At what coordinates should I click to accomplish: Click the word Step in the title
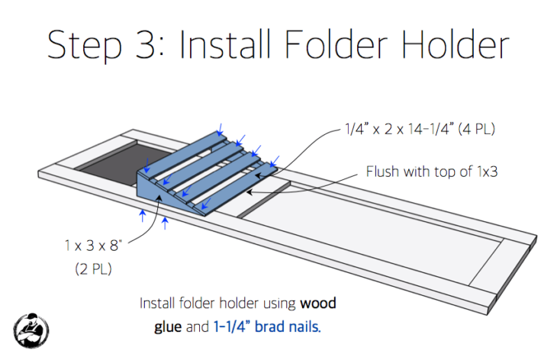coord(85,46)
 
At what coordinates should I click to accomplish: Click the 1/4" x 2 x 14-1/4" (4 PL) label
coord(420,129)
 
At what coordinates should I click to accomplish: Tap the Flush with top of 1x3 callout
coord(432,172)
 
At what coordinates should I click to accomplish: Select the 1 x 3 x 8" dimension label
coord(93,246)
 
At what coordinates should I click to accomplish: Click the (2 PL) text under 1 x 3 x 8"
coord(93,268)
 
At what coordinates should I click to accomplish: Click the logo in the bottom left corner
coord(31,330)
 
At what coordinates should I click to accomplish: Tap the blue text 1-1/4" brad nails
coord(267,326)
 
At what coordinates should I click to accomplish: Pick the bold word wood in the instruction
coord(318,304)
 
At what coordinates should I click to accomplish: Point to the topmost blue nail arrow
coord(220,130)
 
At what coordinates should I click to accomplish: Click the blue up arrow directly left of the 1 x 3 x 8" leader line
coord(143,216)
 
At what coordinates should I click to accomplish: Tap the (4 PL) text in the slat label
coord(477,129)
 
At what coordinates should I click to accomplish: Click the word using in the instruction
coord(279,304)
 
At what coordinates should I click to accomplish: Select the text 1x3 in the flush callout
coord(487,172)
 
